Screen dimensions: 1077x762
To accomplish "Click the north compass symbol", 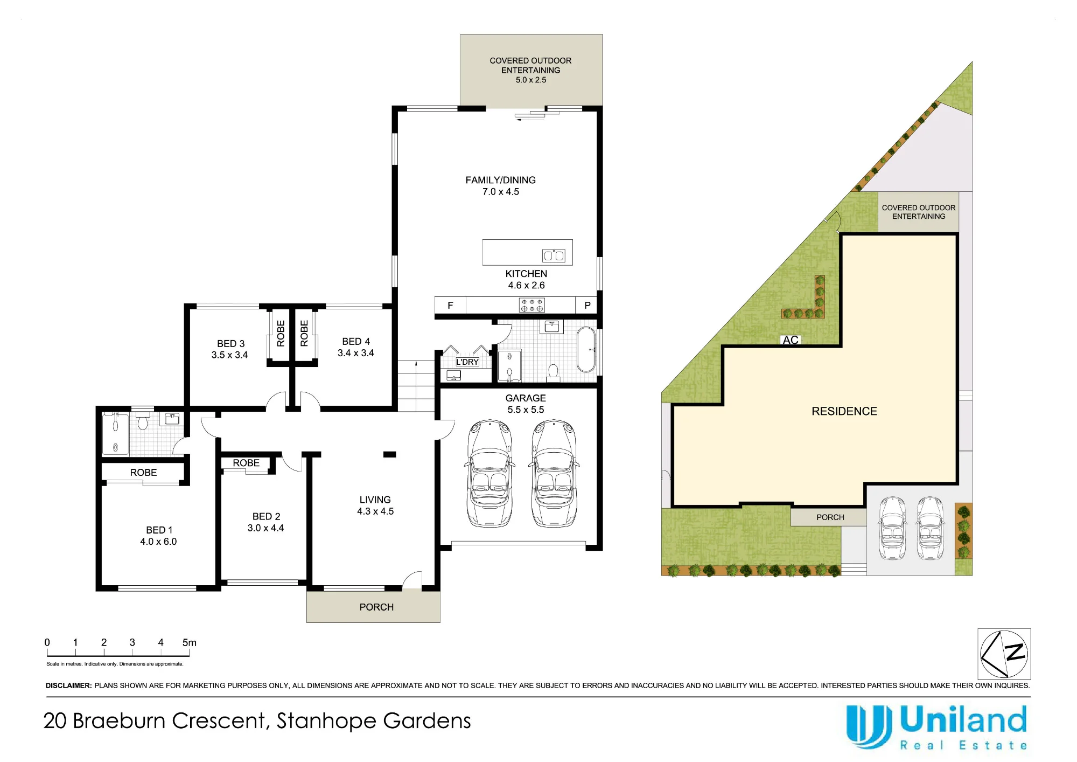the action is (x=1004, y=654).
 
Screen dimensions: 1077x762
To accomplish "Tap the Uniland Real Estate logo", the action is (x=936, y=728).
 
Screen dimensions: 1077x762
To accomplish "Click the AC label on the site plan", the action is (x=791, y=340).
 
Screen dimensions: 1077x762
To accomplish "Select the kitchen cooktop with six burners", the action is (x=531, y=305).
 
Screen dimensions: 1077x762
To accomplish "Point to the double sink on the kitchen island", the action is (x=554, y=255).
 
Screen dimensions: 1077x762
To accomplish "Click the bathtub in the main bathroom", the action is (x=586, y=350).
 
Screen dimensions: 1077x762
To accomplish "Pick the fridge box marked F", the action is (x=450, y=305).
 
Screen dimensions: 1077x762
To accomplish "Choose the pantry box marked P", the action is (x=587, y=305).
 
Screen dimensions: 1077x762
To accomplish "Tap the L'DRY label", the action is (x=467, y=362).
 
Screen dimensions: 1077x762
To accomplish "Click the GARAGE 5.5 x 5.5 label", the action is (x=526, y=404).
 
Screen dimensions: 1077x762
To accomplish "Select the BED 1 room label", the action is (x=159, y=536).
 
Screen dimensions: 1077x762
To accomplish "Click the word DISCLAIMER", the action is (x=68, y=685).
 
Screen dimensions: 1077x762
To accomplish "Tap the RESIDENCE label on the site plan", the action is (x=844, y=411).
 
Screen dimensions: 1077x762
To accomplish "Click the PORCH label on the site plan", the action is (x=830, y=517).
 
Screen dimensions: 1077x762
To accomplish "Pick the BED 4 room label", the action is (x=356, y=347).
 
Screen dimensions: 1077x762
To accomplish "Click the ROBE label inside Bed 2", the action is (x=246, y=463).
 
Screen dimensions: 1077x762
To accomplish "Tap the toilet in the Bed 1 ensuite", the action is (x=143, y=420).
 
